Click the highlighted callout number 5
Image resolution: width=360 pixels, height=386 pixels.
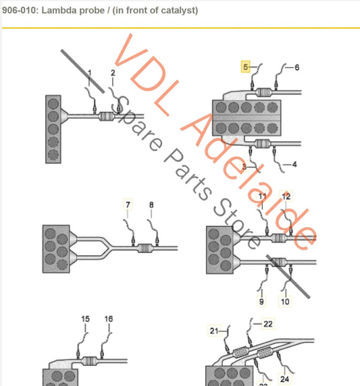(247, 67)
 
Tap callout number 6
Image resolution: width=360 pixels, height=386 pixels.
(296, 67)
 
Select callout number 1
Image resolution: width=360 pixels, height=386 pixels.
(88, 72)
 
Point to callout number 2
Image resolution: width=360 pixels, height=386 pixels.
(113, 72)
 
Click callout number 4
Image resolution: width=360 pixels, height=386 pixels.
(294, 164)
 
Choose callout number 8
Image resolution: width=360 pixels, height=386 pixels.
(151, 204)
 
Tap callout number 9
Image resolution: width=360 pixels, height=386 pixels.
(262, 302)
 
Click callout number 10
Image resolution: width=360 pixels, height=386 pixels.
(285, 302)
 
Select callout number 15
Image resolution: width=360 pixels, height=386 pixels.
(85, 319)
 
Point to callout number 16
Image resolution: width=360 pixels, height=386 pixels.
(109, 319)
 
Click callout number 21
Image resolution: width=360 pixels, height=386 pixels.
(214, 331)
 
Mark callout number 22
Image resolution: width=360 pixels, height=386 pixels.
(268, 324)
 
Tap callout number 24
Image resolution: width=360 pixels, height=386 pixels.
(284, 379)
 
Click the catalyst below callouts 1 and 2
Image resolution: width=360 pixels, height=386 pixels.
(107, 117)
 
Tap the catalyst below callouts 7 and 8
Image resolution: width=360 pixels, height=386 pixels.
(145, 248)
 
